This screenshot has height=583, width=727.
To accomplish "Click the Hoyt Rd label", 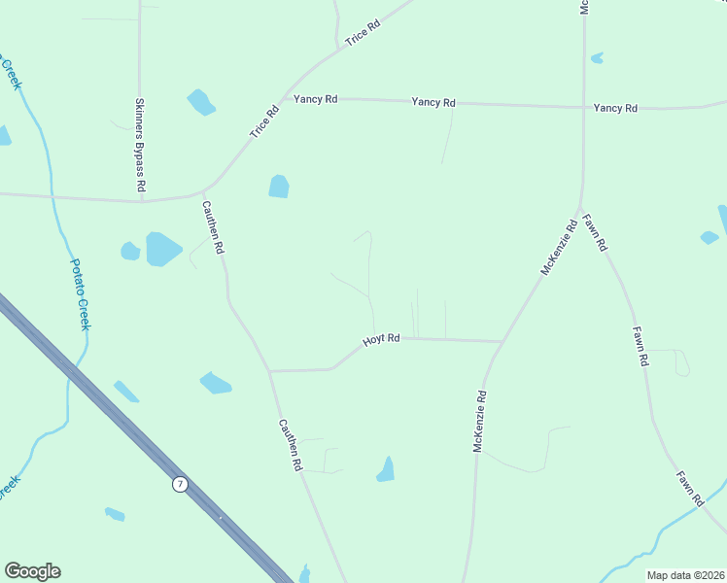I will coord(382,339).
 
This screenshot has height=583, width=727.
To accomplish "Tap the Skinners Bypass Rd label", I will coord(140,144).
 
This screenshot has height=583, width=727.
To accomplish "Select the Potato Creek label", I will coord(79,293).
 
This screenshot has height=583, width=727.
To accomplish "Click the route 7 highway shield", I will coord(180,484).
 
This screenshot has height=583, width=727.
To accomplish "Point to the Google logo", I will coord(32,571).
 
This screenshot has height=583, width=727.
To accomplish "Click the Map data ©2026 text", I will coord(685,575).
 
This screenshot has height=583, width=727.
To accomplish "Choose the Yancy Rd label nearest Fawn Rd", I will coord(615,108).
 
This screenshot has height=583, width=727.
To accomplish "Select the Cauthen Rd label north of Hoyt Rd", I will coord(213,227).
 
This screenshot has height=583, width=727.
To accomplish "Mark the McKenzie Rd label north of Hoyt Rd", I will coord(559,247).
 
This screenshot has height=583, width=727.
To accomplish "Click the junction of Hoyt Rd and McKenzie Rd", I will coord(502,341).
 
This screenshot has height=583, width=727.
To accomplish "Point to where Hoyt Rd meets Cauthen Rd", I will coord(270,370).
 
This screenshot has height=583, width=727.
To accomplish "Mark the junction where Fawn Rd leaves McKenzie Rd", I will coord(580,209).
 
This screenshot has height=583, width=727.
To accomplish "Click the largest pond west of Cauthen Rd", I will coord(163,249).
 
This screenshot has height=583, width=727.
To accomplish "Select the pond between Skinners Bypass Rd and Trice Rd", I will coord(201,101).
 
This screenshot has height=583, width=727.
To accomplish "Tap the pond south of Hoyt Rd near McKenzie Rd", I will coord(387,470).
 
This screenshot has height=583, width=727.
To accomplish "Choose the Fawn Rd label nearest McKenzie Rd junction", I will coord(596,232).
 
